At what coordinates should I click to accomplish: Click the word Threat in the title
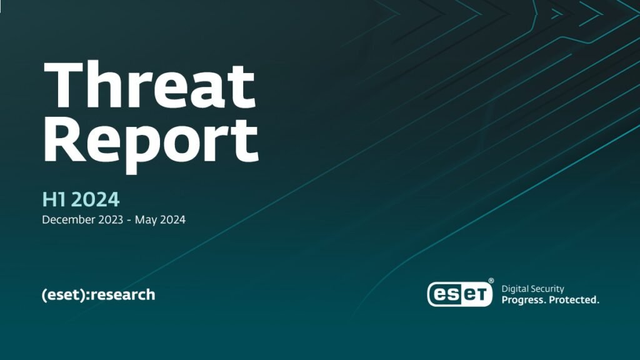[x=150, y=85]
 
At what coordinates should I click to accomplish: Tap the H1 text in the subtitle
[x=56, y=199]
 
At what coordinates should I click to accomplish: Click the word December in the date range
[x=67, y=219]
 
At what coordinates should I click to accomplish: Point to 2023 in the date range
[x=110, y=219]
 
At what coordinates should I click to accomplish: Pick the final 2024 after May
[x=172, y=219]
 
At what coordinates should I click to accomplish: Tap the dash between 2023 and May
[x=129, y=221]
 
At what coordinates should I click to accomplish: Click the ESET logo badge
[x=459, y=294]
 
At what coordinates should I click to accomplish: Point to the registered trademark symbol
[x=491, y=281]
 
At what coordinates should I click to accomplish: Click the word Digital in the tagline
[x=515, y=289]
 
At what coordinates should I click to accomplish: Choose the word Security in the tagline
[x=548, y=289]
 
